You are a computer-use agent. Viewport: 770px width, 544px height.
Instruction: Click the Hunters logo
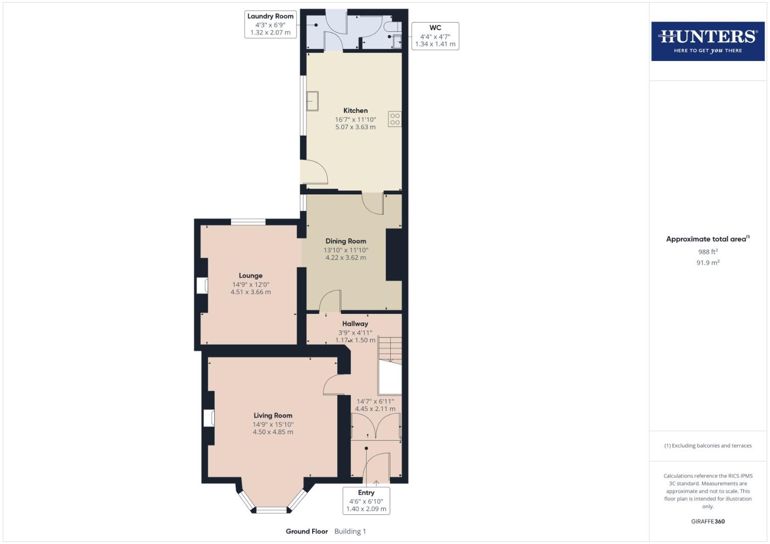click(707, 41)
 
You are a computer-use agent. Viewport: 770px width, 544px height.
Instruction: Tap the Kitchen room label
click(356, 110)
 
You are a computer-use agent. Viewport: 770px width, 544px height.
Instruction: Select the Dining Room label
click(345, 241)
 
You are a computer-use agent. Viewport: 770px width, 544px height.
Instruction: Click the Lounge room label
click(251, 276)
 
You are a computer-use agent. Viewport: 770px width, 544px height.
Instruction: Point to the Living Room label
click(273, 416)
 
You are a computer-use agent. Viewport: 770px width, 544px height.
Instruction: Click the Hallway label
click(355, 324)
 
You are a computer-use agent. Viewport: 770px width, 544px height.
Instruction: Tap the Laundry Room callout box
click(270, 24)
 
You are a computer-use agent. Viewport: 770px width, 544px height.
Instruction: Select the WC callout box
click(435, 36)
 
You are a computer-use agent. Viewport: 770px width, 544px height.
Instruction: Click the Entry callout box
click(366, 500)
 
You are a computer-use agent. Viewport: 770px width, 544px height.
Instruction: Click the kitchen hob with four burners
click(395, 119)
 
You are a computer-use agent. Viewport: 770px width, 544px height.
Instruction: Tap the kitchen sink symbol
click(313, 100)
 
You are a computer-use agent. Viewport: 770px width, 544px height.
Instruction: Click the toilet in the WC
click(392, 26)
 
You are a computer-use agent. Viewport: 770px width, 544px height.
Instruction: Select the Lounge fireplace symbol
click(203, 286)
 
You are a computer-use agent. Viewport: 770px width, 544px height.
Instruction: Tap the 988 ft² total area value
click(707, 251)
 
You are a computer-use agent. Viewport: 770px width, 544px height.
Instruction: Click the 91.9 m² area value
click(707, 262)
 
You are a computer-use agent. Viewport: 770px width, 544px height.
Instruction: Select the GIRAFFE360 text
click(707, 521)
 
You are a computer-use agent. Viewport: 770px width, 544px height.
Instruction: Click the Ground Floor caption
click(307, 531)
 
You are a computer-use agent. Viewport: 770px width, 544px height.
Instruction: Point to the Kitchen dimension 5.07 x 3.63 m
click(356, 127)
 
